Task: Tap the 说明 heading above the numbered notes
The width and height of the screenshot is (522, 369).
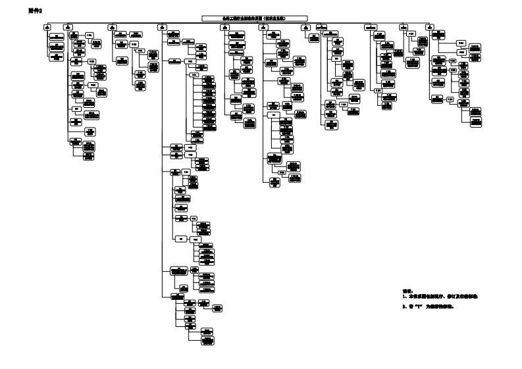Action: (406, 290)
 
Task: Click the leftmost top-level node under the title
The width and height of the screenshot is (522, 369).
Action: (46, 27)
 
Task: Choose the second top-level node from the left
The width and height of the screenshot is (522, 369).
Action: (68, 27)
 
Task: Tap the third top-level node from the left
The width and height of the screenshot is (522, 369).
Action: (113, 27)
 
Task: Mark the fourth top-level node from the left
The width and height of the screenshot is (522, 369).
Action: (161, 27)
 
